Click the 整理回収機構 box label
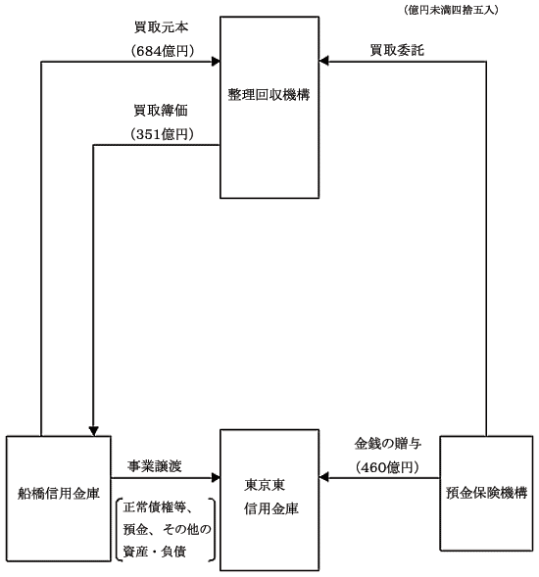click(269, 95)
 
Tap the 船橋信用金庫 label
click(59, 494)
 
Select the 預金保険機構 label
click(486, 493)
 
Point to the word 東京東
click(265, 485)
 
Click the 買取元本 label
click(162, 27)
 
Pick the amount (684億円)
click(162, 51)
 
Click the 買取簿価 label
click(161, 111)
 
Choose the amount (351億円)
click(162, 134)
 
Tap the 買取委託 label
click(397, 50)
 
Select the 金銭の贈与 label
click(388, 444)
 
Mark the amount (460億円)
click(387, 467)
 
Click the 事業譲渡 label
click(155, 466)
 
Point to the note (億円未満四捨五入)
click(451, 10)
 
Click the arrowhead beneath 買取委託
click(323, 61)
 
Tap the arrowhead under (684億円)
click(216, 62)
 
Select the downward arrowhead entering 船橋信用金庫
click(93, 431)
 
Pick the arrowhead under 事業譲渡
click(216, 478)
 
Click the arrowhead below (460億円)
click(323, 478)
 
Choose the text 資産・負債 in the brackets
click(155, 552)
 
